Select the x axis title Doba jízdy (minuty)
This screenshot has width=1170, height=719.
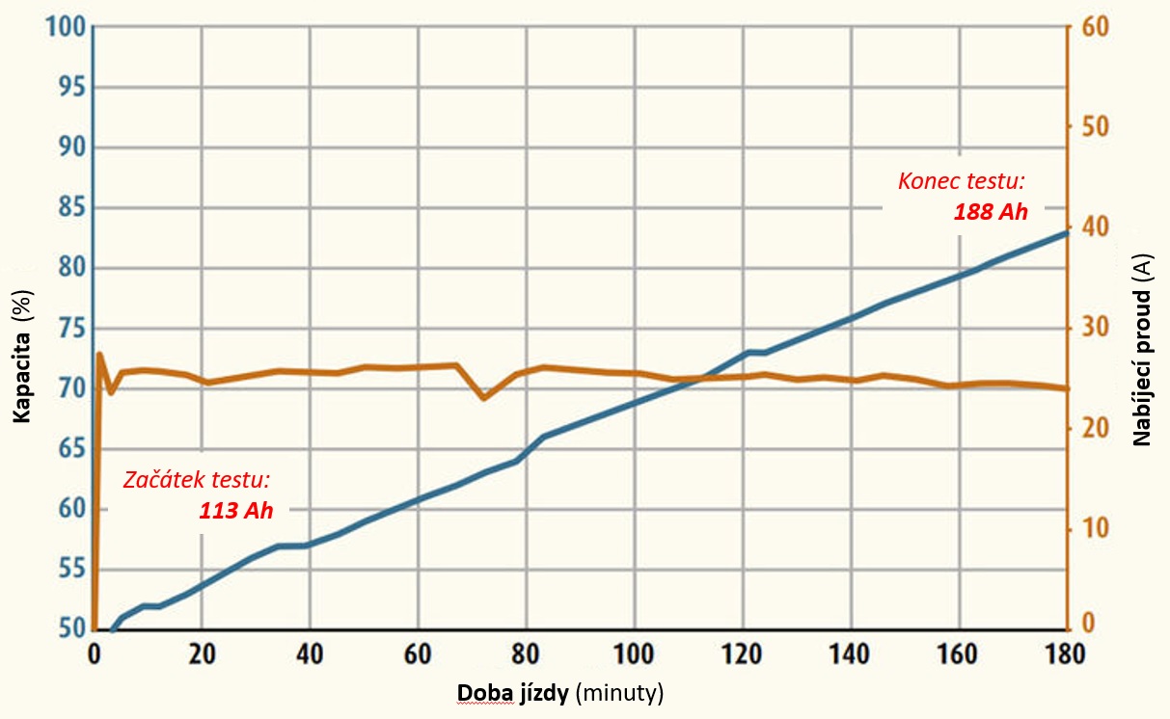point(560,693)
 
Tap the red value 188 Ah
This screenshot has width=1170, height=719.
point(991,212)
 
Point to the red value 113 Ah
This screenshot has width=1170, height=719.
point(236,511)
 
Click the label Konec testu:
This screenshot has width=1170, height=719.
point(961,180)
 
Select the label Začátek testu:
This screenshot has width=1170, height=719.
point(196,479)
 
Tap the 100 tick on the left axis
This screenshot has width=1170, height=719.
point(60,26)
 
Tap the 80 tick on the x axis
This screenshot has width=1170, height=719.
point(526,652)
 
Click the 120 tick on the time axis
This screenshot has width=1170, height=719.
point(742,652)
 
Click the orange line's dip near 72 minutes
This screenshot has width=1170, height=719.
point(484,397)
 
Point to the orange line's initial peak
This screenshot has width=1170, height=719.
point(99,355)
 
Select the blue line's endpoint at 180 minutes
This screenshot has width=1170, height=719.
point(1067,232)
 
